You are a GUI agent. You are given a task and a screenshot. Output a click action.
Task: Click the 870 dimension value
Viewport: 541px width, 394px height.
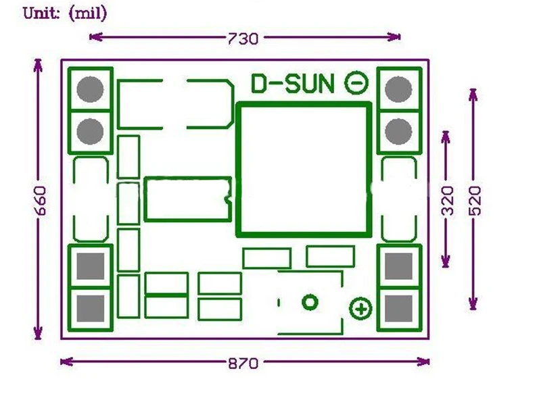(x=243, y=363)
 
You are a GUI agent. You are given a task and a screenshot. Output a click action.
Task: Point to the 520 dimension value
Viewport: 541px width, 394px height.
(x=475, y=200)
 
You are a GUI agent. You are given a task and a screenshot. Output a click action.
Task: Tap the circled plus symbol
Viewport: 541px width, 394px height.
(x=360, y=309)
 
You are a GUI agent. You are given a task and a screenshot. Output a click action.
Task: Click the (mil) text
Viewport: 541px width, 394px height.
(x=88, y=13)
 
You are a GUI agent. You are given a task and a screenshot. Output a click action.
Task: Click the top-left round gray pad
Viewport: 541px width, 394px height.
(x=90, y=89)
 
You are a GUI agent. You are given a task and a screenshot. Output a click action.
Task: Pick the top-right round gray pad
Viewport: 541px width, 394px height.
(x=399, y=89)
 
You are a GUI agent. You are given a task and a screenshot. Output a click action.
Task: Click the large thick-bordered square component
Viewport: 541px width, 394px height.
(x=304, y=170)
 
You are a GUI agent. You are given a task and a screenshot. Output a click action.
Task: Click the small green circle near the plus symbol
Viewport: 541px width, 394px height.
(x=310, y=302)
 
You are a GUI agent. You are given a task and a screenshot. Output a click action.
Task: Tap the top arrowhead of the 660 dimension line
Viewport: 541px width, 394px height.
(x=38, y=64)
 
